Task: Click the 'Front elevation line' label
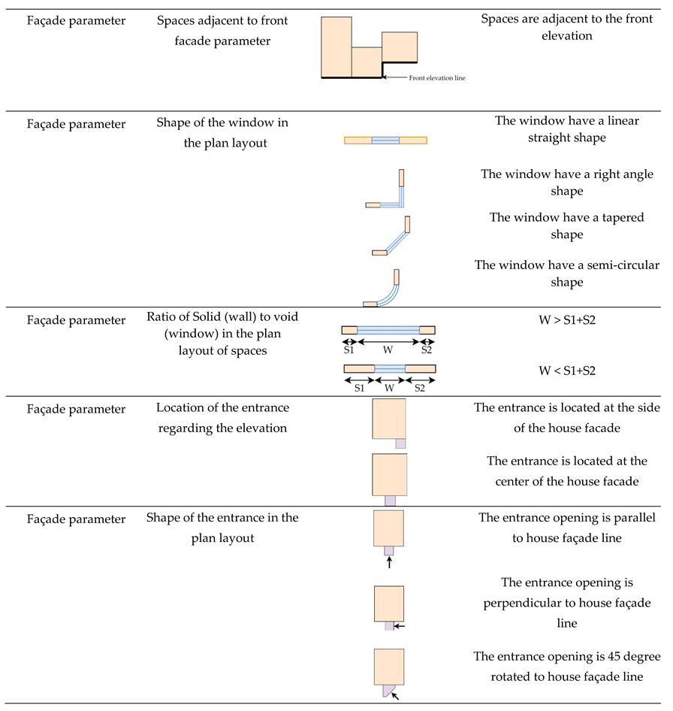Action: (437, 77)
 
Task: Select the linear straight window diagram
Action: (385, 140)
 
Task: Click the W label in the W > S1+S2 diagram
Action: (388, 349)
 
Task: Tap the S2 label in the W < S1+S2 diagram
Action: (420, 388)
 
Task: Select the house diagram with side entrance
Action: (390, 422)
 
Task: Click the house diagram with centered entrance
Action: (390, 478)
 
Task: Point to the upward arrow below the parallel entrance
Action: (389, 561)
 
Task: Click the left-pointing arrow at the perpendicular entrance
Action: (399, 625)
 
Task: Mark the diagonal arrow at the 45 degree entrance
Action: (396, 695)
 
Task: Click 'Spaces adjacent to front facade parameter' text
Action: (213, 31)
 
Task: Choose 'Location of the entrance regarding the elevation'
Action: (222, 416)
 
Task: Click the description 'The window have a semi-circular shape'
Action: (567, 274)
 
